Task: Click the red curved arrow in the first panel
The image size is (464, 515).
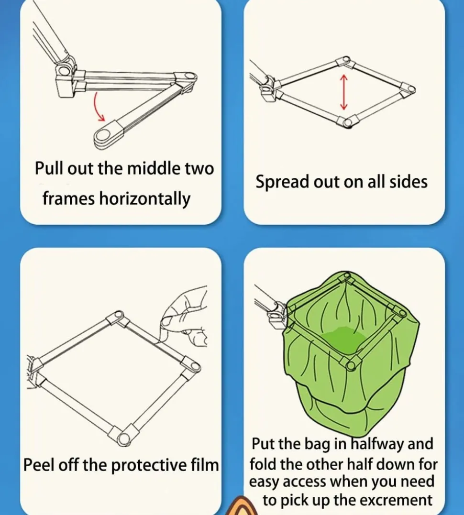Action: pos(96,107)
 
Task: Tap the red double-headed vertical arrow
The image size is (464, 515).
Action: pos(344,92)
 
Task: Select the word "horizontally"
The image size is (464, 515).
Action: pos(144,199)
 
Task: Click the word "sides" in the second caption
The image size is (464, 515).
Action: pos(409,182)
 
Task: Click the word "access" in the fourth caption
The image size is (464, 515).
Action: pos(305,482)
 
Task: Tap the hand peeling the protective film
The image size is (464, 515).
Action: pos(185,317)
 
